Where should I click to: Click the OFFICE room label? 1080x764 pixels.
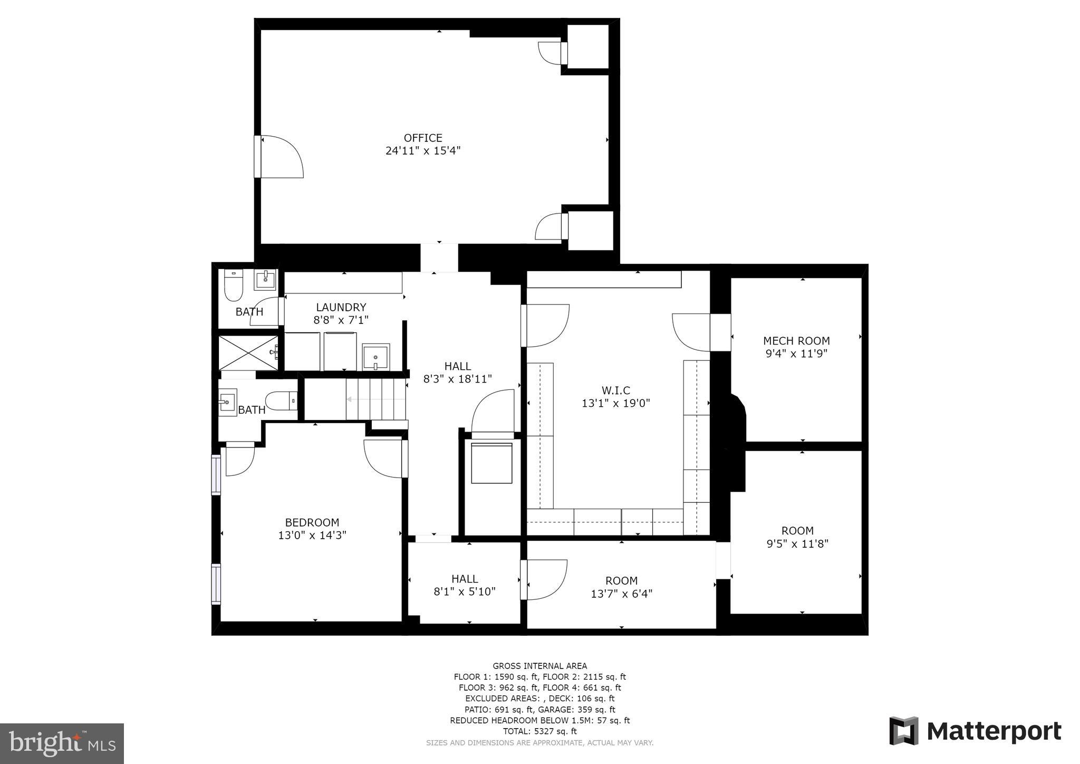point(423,138)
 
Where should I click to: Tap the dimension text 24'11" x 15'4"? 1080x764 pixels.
point(423,151)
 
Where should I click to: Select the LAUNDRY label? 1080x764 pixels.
point(341,307)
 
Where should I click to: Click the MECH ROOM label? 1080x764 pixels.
point(796,341)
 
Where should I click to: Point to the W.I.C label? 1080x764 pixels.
point(615,390)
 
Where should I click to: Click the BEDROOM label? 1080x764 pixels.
point(312,522)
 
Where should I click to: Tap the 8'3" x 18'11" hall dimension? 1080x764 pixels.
point(457,379)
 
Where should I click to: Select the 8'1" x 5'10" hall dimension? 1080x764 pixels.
point(465,591)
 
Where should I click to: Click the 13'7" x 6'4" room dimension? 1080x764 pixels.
point(621,594)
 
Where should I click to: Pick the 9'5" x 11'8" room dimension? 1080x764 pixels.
point(797,543)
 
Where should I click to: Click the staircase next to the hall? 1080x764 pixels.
point(375,400)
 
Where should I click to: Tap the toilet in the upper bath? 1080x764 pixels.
point(233,286)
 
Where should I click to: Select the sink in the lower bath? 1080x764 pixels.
point(228,403)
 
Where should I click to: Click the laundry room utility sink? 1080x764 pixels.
point(376,357)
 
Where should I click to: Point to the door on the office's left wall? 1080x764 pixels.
point(279,157)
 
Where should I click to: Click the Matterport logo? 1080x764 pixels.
point(975,731)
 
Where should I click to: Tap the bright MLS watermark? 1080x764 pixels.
point(62,743)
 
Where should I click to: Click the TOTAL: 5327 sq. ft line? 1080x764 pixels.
point(539,731)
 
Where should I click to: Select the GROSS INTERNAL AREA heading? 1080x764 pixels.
point(539,666)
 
